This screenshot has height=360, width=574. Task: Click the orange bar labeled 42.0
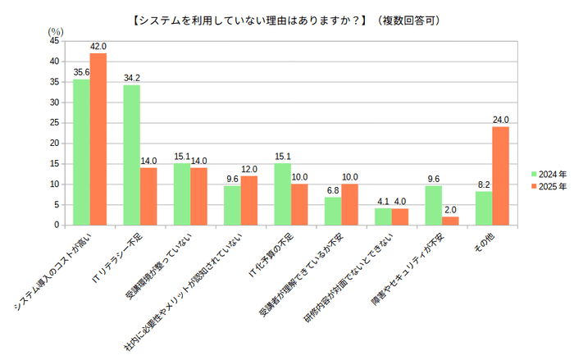98,139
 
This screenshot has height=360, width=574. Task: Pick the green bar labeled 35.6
81,152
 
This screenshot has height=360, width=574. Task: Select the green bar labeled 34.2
131,155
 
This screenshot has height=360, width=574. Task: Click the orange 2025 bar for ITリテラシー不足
148,196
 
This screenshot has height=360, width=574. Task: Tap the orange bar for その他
500,175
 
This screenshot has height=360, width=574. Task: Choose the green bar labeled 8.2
483,207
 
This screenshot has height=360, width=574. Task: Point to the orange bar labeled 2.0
450,221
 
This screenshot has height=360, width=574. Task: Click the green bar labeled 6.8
332,211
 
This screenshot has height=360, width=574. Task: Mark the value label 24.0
500,120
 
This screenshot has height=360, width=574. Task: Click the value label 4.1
383,201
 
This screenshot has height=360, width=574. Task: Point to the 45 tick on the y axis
53,40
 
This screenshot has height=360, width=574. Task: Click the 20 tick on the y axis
53,143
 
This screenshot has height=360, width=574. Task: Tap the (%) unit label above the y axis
57,30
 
